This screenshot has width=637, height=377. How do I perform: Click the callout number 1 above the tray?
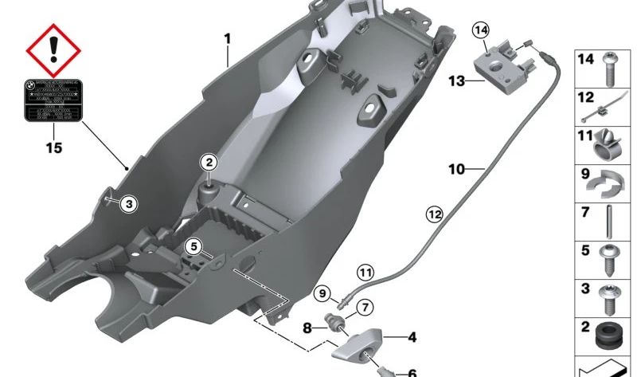pyautogui.click(x=227, y=39)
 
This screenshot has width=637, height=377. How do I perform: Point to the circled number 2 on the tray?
pyautogui.click(x=209, y=163)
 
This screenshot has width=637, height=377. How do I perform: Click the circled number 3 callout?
pyautogui.click(x=129, y=205)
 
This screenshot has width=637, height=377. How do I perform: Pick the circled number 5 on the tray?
pyautogui.click(x=194, y=247)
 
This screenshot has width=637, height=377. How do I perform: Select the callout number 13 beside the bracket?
pyautogui.click(x=455, y=81)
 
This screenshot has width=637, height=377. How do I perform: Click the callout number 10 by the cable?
pyautogui.click(x=456, y=170)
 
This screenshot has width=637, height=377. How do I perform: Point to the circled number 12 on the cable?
pyautogui.click(x=433, y=214)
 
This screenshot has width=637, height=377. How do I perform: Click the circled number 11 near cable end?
pyautogui.click(x=364, y=273)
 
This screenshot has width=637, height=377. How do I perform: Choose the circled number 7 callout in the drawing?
pyautogui.click(x=363, y=307)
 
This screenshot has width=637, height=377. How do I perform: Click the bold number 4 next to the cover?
pyautogui.click(x=412, y=338)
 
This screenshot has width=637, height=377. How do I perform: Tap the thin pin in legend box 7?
pyautogui.click(x=609, y=222)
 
